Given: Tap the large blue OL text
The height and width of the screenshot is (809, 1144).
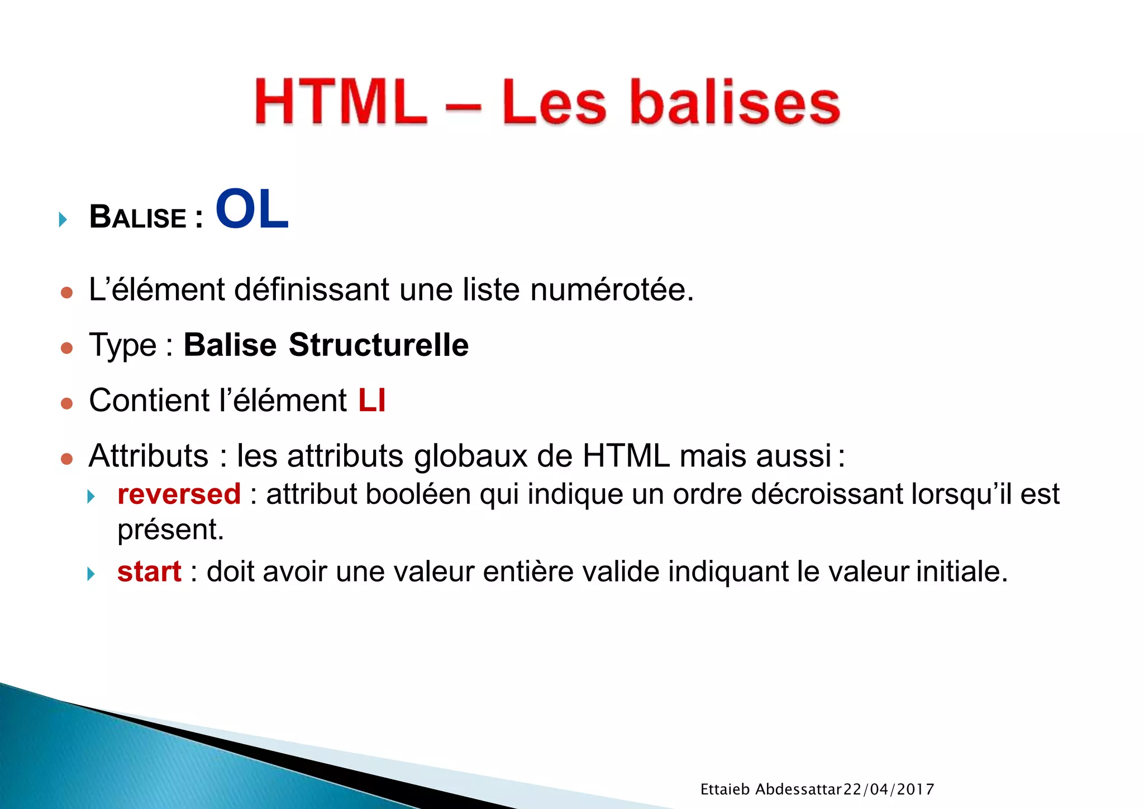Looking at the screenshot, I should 252,210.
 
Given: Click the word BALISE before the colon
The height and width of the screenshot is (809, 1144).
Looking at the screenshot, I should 137,217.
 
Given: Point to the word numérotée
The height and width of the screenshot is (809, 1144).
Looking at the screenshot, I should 611,290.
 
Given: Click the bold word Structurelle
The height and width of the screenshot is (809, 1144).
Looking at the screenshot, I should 378,345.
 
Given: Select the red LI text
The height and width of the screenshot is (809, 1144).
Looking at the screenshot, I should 371,401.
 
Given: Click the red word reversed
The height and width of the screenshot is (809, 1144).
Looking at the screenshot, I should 179,494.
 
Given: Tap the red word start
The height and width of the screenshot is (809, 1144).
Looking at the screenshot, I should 149,572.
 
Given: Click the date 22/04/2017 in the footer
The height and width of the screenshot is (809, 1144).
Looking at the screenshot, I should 888,789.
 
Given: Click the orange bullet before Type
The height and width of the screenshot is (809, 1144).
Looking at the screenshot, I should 66,348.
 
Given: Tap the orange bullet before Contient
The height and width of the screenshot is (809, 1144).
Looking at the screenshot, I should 66,403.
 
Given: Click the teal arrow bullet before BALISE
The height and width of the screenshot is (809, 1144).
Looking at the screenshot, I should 63,219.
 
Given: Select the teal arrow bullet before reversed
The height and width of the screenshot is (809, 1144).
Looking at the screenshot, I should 91,496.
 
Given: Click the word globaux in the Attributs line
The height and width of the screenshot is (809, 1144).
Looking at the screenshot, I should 470,456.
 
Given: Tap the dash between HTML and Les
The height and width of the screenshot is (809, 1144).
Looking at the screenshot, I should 463,105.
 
